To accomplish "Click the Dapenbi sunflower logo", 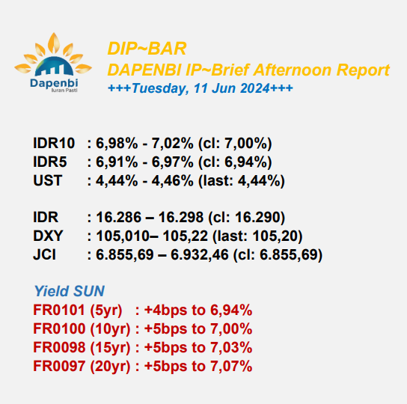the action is (x=53, y=62).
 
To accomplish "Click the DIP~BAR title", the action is (x=147, y=49).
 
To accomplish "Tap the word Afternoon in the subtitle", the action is (x=293, y=70).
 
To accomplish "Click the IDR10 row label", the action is (x=54, y=143).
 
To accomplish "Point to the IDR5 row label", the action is (x=50, y=162).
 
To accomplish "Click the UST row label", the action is (x=48, y=180).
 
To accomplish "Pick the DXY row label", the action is (x=48, y=236).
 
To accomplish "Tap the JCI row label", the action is (x=44, y=254).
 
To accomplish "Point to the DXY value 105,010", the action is (x=123, y=236).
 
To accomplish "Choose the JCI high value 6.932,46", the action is (x=199, y=254).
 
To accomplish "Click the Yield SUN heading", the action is (x=70, y=291).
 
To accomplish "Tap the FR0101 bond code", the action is (x=59, y=310).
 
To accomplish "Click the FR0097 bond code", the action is (x=59, y=366).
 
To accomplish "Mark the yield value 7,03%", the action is (x=231, y=347).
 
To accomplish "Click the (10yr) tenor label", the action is (x=110, y=328).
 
